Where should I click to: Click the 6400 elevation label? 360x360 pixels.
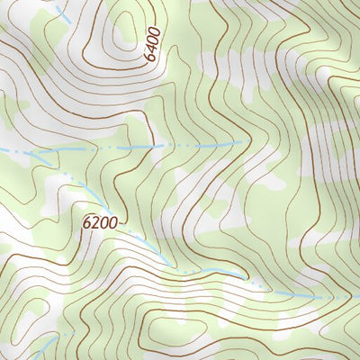(x=152, y=44)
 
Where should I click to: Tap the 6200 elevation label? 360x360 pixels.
(x=100, y=221)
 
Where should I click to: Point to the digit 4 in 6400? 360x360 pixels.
(x=152, y=49)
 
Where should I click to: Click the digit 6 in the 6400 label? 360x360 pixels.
(x=153, y=58)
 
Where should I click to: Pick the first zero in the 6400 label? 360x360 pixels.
(x=152, y=40)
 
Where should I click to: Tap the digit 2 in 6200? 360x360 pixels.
(x=95, y=221)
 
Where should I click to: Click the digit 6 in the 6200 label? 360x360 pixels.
(x=87, y=221)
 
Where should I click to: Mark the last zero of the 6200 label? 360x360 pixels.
(x=112, y=221)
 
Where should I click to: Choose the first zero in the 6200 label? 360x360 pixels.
(x=103, y=221)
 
